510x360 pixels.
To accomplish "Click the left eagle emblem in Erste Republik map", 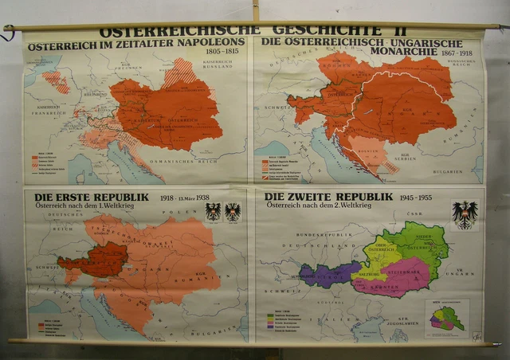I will pyautogui.click(x=213, y=212).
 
